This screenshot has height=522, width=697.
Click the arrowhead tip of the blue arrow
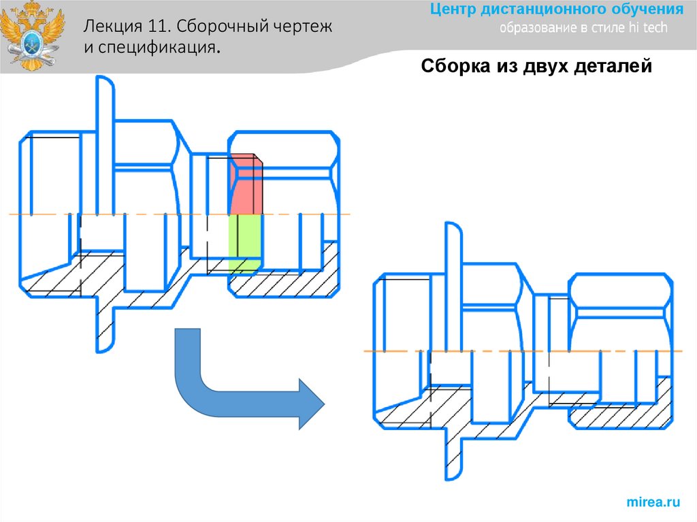tap(323, 404)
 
